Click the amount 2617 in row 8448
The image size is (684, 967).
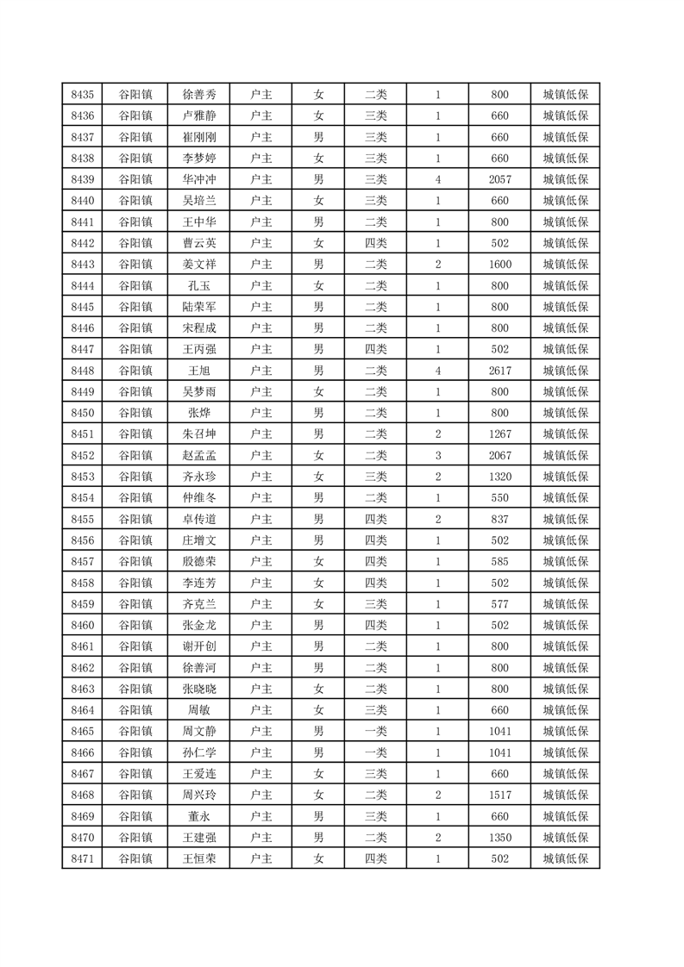click(499, 371)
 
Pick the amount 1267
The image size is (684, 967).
click(499, 434)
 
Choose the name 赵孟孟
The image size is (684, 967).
click(199, 455)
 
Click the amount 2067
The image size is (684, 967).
click(499, 455)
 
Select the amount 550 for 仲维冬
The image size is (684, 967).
click(499, 498)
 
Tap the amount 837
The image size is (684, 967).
click(499, 519)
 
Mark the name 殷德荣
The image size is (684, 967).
click(199, 561)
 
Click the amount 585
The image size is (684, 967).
click(499, 561)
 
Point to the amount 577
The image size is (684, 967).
click(499, 603)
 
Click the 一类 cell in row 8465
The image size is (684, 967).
click(376, 731)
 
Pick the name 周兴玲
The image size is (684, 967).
click(199, 795)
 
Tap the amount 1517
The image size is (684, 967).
click(499, 795)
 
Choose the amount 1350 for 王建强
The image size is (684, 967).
click(499, 837)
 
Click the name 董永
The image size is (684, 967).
click(199, 815)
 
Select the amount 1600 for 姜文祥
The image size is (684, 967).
click(499, 265)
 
